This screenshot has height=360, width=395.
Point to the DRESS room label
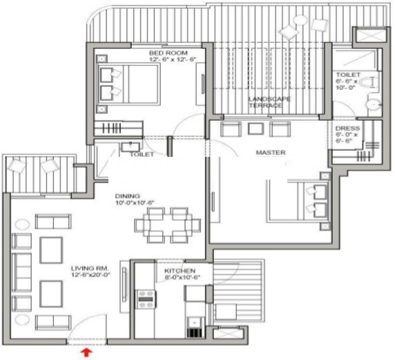pyautogui.click(x=345, y=129)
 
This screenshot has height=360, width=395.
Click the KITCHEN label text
pyautogui.click(x=180, y=271)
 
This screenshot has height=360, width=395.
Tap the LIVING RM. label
pyautogui.click(x=86, y=268)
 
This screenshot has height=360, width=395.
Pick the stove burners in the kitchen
pyautogui.click(x=146, y=298)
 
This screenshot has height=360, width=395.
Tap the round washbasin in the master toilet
pyautogui.click(x=372, y=105)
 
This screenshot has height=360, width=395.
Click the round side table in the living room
pyautogui.click(x=22, y=223)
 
